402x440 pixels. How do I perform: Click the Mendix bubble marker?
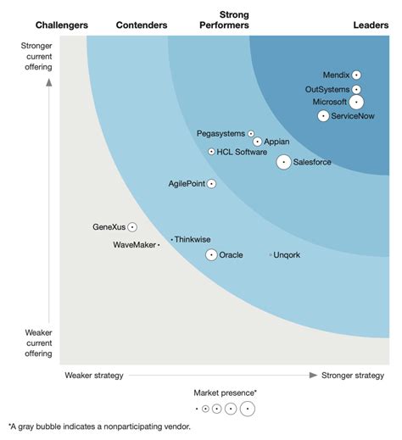pyautogui.click(x=357, y=75)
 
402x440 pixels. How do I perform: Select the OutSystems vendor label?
pyautogui.click(x=327, y=89)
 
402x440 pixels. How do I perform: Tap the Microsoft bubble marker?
pyautogui.click(x=356, y=103)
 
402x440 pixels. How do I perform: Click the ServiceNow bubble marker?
pyautogui.click(x=323, y=116)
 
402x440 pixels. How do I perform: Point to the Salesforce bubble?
pyautogui.click(x=283, y=162)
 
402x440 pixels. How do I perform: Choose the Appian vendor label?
pyautogui.click(x=277, y=142)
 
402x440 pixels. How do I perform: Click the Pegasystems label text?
pyautogui.click(x=220, y=133)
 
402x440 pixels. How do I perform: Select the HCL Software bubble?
pyautogui.click(x=211, y=152)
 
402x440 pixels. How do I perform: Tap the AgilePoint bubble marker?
pyautogui.click(x=212, y=183)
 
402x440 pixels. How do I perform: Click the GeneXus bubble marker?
pyautogui.click(x=132, y=227)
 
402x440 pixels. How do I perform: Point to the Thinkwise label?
pyautogui.click(x=193, y=240)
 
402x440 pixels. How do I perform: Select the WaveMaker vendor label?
pyautogui.click(x=134, y=245)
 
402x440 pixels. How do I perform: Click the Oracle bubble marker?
pyautogui.click(x=211, y=254)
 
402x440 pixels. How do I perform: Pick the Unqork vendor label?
pyautogui.click(x=288, y=254)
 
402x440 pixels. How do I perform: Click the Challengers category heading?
pyautogui.click(x=62, y=25)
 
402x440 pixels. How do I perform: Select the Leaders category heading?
pyautogui.click(x=371, y=25)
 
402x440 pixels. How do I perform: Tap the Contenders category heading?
pyautogui.click(x=141, y=25)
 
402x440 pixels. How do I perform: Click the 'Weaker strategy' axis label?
pyautogui.click(x=94, y=375)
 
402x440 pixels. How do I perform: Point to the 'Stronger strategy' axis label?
pyautogui.click(x=353, y=375)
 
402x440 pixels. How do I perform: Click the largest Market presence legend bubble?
pyautogui.click(x=247, y=409)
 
